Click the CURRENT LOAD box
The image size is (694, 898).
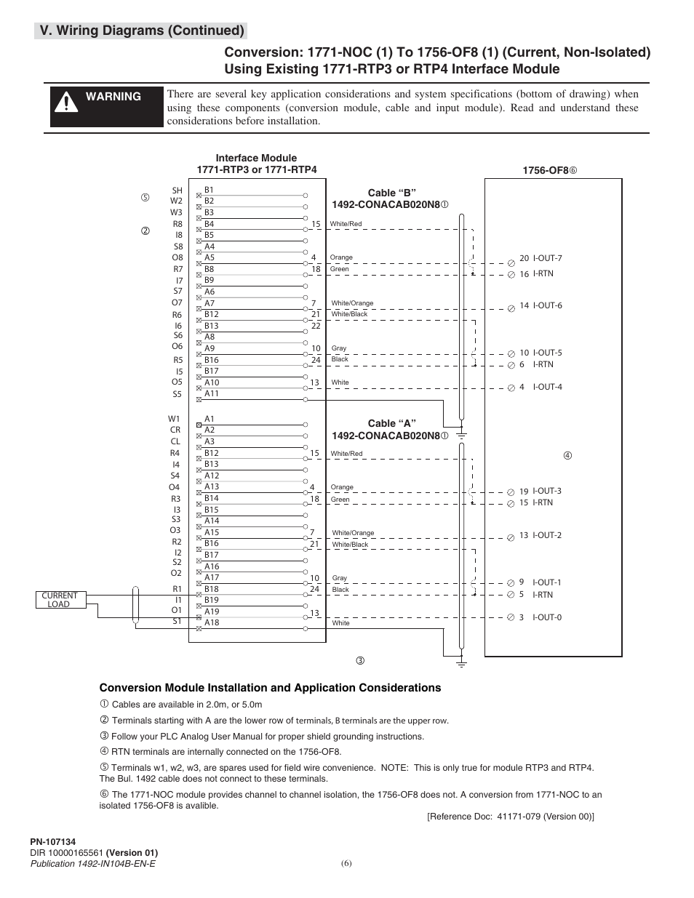(59, 600)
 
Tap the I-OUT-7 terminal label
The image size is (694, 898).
(547, 258)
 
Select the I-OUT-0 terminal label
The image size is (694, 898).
(547, 617)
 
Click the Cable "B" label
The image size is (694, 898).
(391, 193)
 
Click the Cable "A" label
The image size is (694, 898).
(391, 423)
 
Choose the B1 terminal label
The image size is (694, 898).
(209, 190)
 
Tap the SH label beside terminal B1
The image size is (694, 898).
(177, 191)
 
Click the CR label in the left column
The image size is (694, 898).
(175, 430)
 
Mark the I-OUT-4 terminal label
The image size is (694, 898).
(547, 387)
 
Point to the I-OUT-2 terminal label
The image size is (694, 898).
(547, 535)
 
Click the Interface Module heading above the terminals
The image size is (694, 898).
(256, 158)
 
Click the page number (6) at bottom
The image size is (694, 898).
(346, 864)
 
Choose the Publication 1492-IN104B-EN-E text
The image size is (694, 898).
(92, 863)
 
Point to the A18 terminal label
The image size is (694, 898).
(212, 622)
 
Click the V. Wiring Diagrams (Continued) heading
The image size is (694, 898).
(142, 31)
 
